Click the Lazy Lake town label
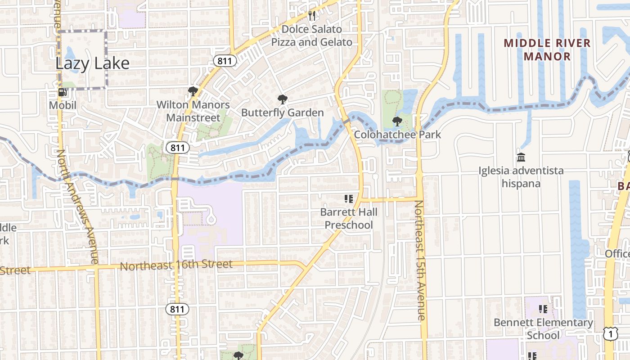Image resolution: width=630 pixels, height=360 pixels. coord(92,63)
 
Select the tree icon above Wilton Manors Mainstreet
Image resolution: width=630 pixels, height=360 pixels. coord(193,92)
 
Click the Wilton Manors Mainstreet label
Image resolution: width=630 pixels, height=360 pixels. coord(193,111)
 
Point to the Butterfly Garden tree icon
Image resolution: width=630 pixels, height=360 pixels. coord(283,99)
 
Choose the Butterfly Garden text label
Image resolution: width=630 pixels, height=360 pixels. coord(283,112)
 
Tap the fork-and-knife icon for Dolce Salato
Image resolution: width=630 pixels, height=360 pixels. coord(312,16)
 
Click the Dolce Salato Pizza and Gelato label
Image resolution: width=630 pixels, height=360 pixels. coord(312,36)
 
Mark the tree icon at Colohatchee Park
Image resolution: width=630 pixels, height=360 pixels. coord(397,121)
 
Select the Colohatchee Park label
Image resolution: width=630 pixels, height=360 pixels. coord(397,135)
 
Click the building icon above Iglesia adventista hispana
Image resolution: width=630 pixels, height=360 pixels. coord(521,157)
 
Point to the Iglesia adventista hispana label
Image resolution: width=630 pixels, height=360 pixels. coord(521,177)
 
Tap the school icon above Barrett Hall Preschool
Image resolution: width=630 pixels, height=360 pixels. coord(348,198)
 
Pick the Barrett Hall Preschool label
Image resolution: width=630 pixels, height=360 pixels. coord(349,218)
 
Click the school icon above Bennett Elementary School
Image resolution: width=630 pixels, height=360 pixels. coord(543,309)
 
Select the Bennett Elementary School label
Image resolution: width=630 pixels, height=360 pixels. coord(543,329)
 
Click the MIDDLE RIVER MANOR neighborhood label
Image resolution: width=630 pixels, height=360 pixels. coord(547,50)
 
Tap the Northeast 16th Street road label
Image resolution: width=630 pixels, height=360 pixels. coord(176,265)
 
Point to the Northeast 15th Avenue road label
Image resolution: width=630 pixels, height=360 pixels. coord(419,261)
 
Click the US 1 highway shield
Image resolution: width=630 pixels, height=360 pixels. coord(610,334)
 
